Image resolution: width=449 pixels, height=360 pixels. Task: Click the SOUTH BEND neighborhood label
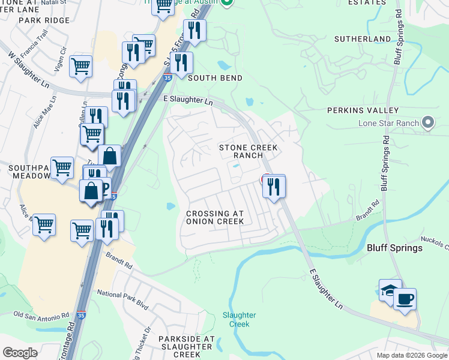[x=215, y=78]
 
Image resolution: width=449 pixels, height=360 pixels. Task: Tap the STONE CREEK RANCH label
[x=241, y=151]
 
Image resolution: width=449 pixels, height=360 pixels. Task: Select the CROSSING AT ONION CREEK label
[x=215, y=218]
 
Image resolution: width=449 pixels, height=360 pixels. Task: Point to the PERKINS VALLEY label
[x=363, y=110]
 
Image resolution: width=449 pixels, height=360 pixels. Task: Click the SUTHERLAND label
[x=363, y=39]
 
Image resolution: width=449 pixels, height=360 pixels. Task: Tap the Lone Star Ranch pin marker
[x=427, y=122]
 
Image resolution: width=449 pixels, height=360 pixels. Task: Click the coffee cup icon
[x=405, y=298]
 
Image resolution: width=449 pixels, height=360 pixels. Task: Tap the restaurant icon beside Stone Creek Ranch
[x=274, y=187]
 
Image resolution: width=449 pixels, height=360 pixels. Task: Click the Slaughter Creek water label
[x=239, y=319]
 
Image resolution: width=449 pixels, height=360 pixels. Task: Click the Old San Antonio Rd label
[x=41, y=316]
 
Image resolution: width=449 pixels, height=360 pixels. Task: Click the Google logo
[x=20, y=353]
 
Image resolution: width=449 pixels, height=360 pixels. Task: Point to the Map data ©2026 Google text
[x=411, y=355]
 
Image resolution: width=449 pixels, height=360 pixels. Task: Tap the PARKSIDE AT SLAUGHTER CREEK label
[x=186, y=347]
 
